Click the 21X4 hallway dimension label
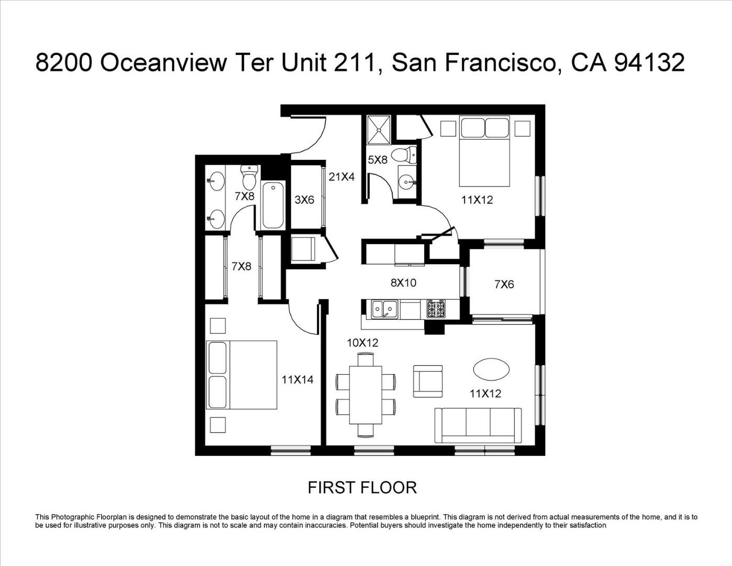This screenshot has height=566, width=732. pos(341,177)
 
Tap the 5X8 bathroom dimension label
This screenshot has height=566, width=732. pos(378,160)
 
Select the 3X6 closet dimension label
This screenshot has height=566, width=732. pos(304,200)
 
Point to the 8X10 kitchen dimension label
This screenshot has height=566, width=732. pos(403,282)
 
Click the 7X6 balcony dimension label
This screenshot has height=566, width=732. pos(504,285)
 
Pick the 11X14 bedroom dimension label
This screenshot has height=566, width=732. pos(297,380)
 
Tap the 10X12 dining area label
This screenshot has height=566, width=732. pos(362,343)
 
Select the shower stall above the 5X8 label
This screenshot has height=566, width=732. pos(379,130)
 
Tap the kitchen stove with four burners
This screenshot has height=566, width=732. pos(436,309)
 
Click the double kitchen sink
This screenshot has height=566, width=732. pos(384,309)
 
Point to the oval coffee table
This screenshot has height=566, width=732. pos(492,369)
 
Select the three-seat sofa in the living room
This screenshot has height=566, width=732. pos(478,426)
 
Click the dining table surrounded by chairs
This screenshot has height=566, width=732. pos(365,395)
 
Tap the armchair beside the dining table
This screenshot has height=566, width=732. pos(428,382)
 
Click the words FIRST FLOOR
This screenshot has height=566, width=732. pos(362,488)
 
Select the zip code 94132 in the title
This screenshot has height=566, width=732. pos(649,63)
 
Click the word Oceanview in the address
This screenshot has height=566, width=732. pos(163,63)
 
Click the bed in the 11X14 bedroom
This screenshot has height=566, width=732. pos(241,375)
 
